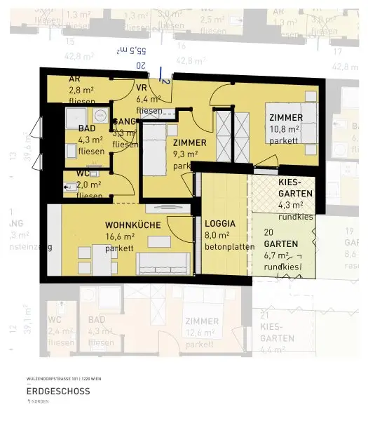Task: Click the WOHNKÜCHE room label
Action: (133, 225)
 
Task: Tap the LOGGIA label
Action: (220, 224)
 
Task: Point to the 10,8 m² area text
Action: (284, 129)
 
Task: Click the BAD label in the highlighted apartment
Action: (87, 129)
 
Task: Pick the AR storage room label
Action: (74, 79)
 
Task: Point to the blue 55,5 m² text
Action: (132, 51)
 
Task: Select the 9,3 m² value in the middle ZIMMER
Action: (184, 154)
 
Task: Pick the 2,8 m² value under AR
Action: (81, 91)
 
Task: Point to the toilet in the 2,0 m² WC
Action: (70, 187)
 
